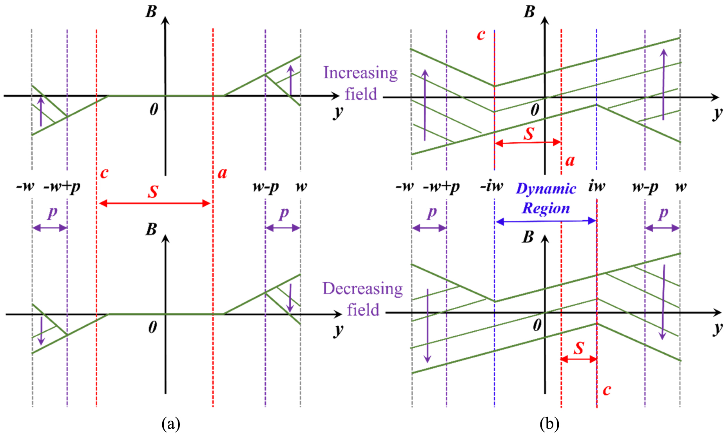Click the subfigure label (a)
(x=171, y=424)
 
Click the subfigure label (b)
(x=549, y=424)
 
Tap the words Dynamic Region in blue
(x=546, y=199)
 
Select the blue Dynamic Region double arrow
(x=546, y=221)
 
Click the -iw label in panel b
(x=491, y=186)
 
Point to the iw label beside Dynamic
(x=596, y=186)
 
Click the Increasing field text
(x=361, y=83)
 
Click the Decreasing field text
(x=362, y=299)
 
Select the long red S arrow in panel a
(x=155, y=203)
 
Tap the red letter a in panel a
(x=222, y=172)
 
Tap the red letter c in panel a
(x=104, y=172)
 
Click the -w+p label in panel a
(x=62, y=187)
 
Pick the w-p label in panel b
(x=645, y=187)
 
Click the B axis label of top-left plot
(x=151, y=12)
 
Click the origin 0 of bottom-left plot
(x=153, y=327)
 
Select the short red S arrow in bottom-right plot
(x=579, y=359)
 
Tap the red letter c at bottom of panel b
(x=607, y=390)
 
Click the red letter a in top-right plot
(x=570, y=160)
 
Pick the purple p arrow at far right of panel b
(x=662, y=228)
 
